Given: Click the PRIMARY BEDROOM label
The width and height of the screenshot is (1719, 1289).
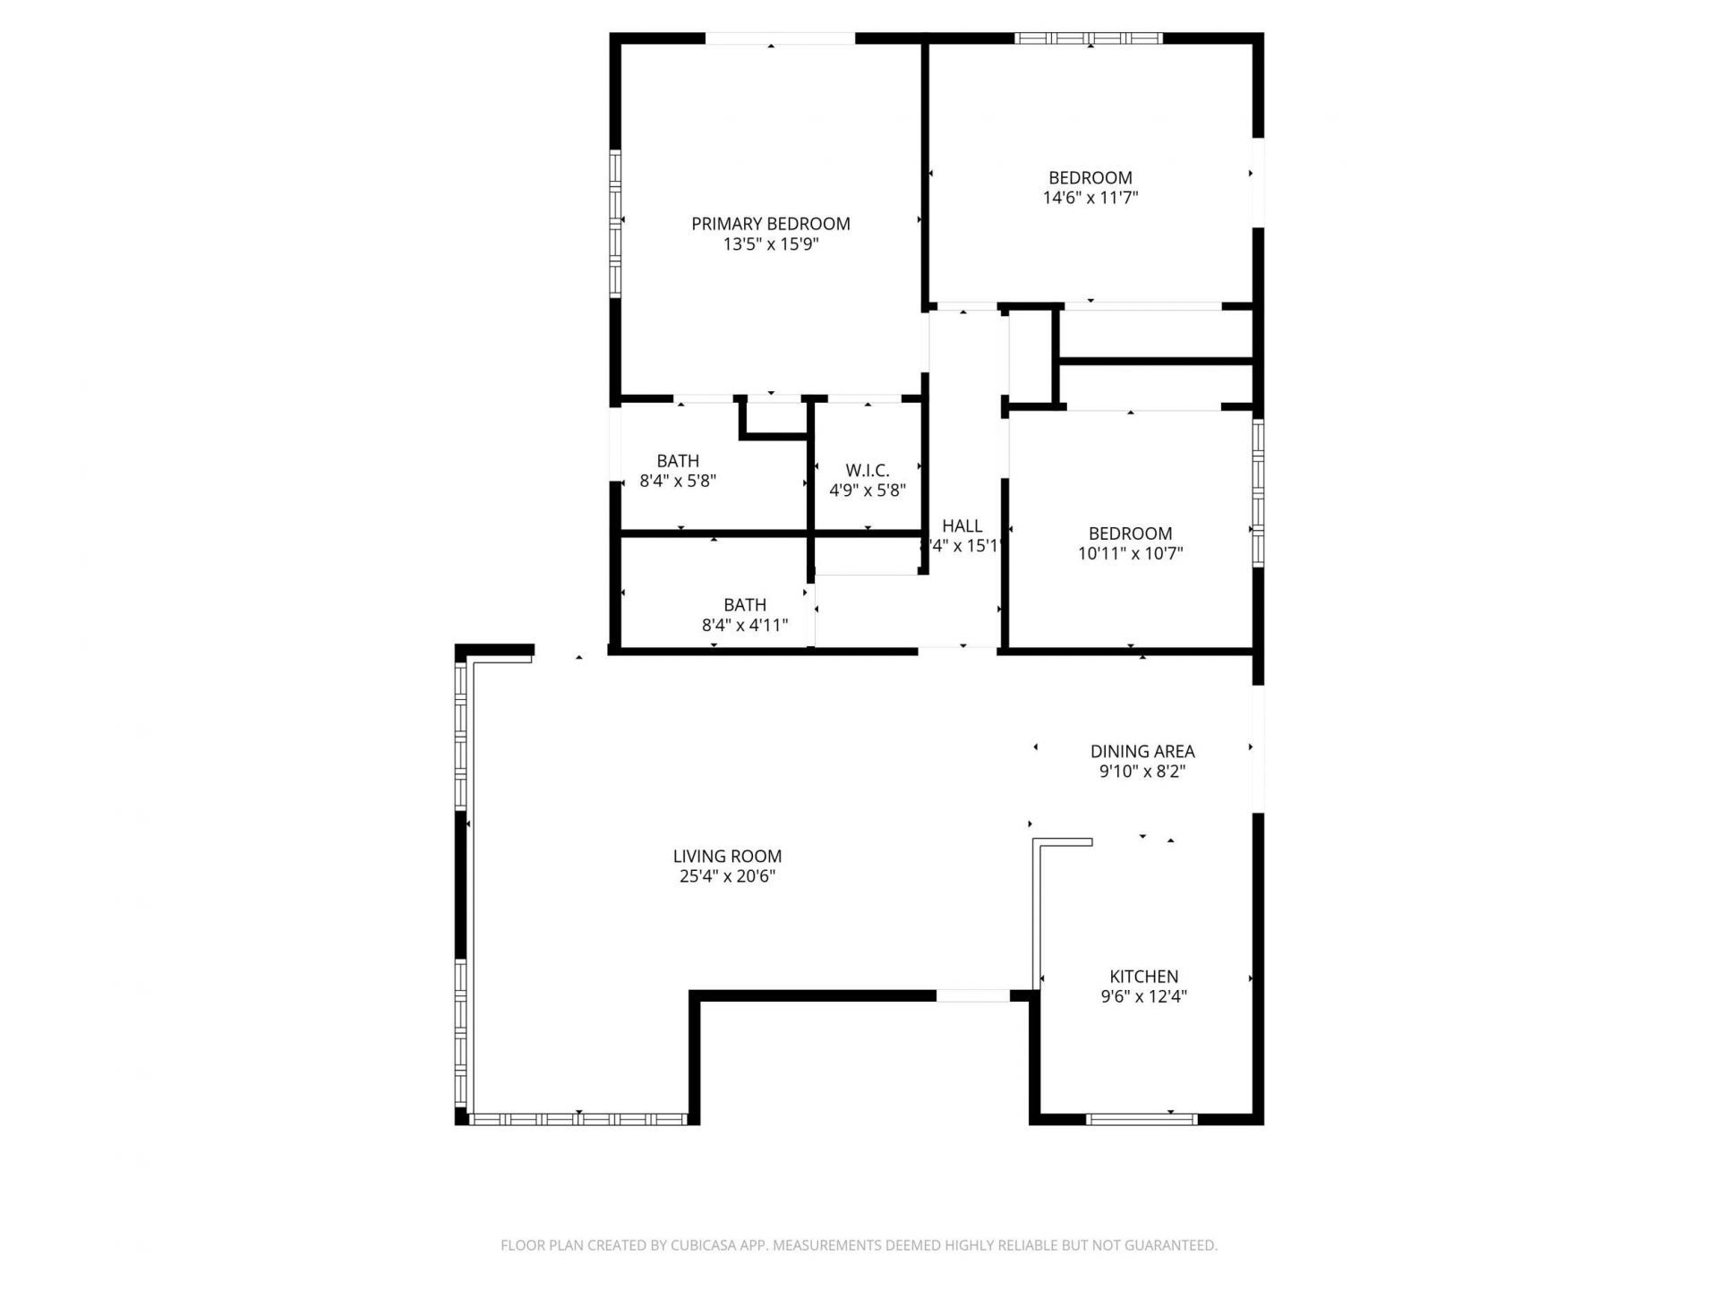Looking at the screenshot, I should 770,224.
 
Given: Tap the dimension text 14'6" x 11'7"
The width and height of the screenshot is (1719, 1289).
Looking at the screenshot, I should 1090,198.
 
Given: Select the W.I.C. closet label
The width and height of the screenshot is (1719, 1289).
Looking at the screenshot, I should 867,471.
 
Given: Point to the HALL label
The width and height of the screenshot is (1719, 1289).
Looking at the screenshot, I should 962,526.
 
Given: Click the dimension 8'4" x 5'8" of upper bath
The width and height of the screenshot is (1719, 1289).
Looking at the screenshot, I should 678,481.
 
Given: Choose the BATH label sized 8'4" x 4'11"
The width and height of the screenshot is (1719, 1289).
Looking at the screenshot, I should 745,605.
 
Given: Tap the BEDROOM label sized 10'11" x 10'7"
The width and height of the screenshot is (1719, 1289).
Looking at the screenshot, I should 1130,534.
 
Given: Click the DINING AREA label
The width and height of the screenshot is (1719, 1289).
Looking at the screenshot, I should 1142,752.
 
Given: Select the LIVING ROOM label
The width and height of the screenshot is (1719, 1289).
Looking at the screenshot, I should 727,857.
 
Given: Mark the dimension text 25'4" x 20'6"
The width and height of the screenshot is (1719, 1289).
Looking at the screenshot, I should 727,876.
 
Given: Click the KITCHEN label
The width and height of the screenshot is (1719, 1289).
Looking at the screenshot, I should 1143,977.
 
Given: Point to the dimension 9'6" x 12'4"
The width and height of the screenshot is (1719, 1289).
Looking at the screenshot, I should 1143,996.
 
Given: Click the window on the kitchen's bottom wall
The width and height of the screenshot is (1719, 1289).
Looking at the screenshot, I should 1142,1119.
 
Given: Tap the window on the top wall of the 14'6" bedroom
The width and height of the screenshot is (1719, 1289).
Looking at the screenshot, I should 1089,38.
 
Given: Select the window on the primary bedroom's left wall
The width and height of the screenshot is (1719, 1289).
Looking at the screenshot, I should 616,223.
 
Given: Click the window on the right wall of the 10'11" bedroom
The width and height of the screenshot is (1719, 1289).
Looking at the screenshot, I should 1258,492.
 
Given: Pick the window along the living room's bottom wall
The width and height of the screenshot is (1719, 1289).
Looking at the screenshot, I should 578,1119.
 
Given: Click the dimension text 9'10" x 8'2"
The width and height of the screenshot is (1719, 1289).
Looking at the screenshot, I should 1142,772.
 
